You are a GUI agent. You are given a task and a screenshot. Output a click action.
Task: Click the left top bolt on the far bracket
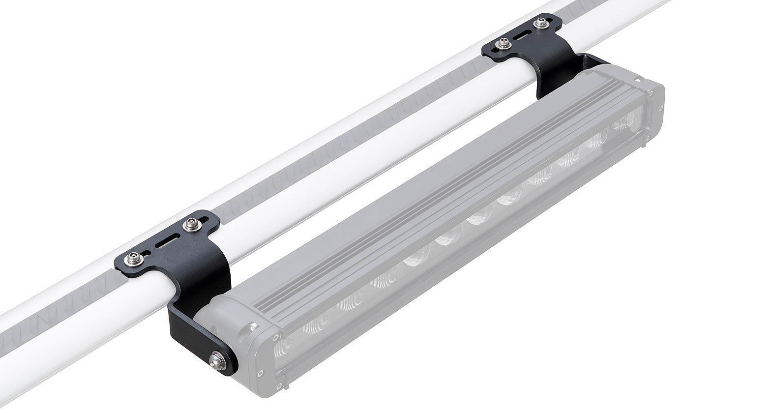502,44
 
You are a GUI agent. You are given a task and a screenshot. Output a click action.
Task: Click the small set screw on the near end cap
253,325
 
